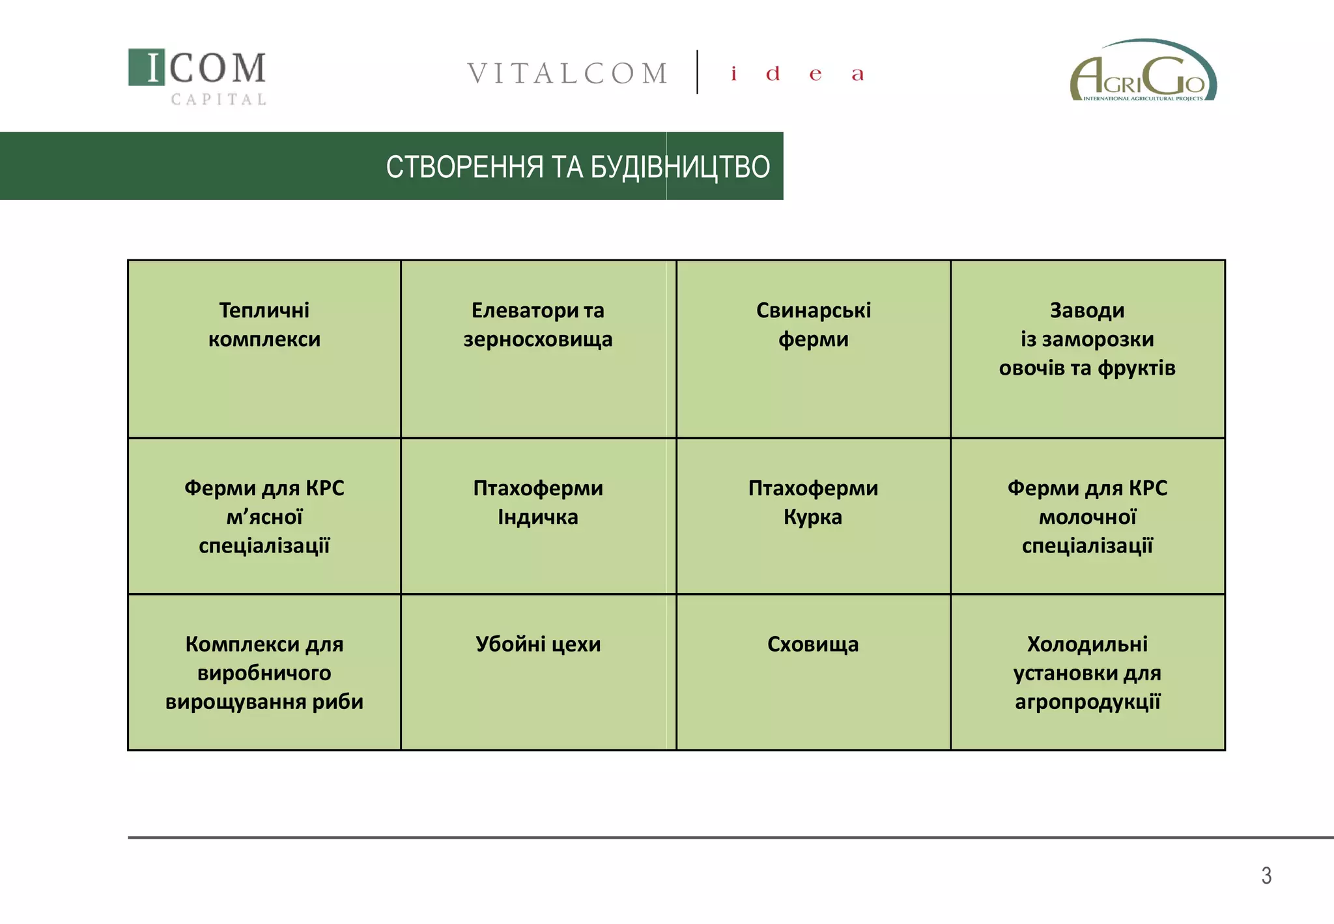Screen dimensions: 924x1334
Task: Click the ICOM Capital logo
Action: (x=197, y=76)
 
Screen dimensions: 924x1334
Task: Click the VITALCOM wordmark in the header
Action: (x=567, y=74)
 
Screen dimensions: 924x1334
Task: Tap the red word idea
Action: (x=797, y=74)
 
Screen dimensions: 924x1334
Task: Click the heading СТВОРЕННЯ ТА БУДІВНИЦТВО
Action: (x=577, y=167)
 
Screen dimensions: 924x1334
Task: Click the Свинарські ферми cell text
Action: (x=813, y=325)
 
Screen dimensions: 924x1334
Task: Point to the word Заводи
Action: (x=1086, y=310)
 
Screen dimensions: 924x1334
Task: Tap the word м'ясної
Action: (x=264, y=517)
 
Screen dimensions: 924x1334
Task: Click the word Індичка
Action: (x=538, y=517)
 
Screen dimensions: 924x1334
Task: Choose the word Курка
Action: (x=812, y=517)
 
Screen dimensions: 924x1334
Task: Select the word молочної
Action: (x=1086, y=517)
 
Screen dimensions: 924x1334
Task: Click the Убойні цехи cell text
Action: (x=538, y=644)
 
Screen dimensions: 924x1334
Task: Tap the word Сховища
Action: (x=812, y=644)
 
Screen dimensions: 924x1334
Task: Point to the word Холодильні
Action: (x=1086, y=644)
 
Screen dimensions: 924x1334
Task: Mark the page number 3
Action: (x=1266, y=875)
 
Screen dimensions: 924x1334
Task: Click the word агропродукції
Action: (x=1086, y=702)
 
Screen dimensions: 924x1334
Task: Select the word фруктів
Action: (x=1136, y=368)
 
